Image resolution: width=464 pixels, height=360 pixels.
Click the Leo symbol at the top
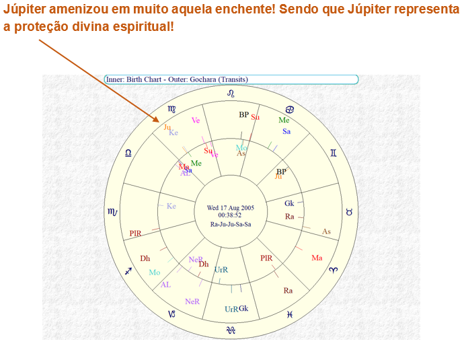click(232, 93)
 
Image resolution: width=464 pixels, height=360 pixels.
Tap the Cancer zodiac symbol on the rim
click(290, 109)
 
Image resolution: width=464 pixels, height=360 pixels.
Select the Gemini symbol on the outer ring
click(334, 153)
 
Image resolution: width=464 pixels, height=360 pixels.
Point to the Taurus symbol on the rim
click(348, 211)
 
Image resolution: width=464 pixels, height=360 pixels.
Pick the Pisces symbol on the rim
click(290, 314)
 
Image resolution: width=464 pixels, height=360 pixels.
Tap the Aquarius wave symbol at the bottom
click(232, 330)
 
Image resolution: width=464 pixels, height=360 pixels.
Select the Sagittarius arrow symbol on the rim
click(129, 271)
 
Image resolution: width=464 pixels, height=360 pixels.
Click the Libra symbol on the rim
click(129, 153)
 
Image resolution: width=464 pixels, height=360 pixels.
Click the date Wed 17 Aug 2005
click(230, 207)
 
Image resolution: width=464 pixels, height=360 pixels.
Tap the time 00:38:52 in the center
click(230, 215)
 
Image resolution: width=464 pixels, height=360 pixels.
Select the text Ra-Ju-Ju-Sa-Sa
click(230, 224)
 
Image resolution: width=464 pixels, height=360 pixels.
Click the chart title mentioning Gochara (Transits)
click(177, 79)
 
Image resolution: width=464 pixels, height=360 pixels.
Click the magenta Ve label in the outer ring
click(196, 120)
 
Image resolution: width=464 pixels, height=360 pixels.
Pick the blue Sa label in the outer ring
click(286, 131)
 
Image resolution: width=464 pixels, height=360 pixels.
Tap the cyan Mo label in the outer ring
click(155, 273)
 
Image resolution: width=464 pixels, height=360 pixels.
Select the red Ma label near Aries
click(317, 258)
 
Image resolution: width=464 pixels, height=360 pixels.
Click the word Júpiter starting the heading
click(25, 11)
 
